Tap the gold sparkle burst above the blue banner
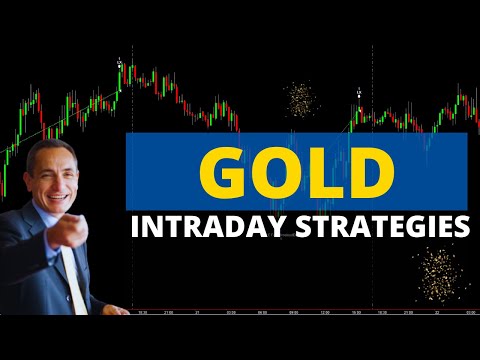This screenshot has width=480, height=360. (299, 98)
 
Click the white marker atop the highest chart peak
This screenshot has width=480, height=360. (120, 63)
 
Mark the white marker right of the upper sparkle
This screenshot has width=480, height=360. (359, 93)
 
